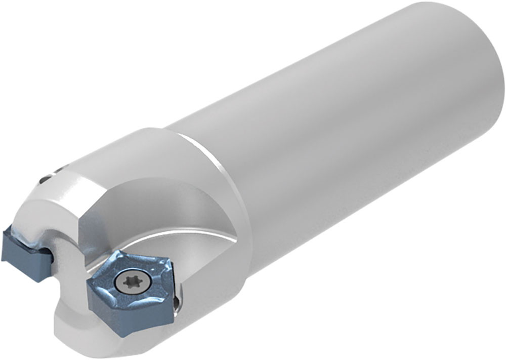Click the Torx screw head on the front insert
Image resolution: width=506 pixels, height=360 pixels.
126,281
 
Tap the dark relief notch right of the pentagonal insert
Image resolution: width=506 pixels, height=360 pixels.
177,304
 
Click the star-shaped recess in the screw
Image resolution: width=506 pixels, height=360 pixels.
126,281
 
